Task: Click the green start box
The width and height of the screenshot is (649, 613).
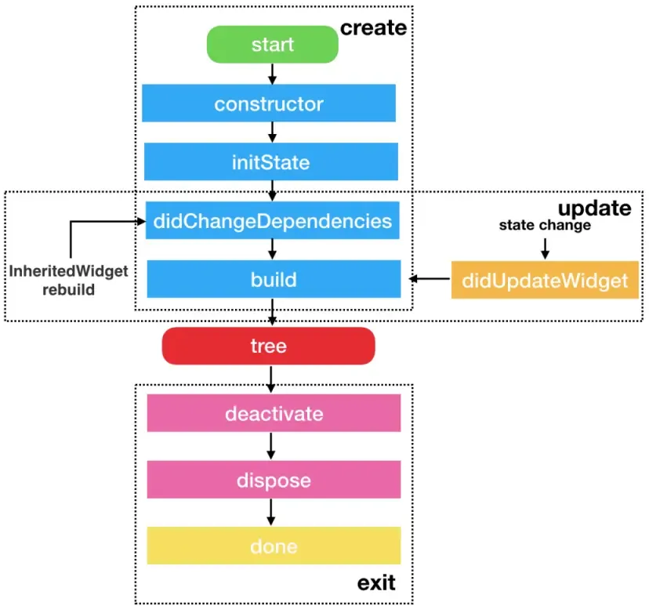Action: [x=272, y=45]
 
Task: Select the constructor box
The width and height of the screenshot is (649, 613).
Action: [x=269, y=103]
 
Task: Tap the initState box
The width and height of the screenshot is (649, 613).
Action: [x=270, y=163]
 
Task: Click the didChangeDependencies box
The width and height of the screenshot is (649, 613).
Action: [x=273, y=221]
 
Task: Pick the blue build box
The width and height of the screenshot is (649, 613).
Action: [x=274, y=280]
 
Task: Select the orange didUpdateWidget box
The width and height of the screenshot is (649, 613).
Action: [x=545, y=280]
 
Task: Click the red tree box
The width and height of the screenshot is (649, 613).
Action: [x=268, y=346]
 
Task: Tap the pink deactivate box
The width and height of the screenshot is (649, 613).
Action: [x=274, y=412]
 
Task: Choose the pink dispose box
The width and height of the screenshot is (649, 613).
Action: [x=274, y=480]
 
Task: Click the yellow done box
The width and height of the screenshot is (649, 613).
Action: [x=274, y=546]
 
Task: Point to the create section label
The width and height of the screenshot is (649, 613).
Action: [x=373, y=28]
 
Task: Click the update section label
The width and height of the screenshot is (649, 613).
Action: [x=594, y=209]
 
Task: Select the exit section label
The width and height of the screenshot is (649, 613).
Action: [x=376, y=583]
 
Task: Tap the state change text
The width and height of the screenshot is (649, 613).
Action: [x=545, y=226]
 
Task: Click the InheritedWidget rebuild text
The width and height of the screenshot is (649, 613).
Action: [x=69, y=280]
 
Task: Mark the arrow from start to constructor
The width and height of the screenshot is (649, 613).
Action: [x=273, y=74]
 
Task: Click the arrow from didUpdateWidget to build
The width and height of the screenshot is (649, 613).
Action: [x=430, y=279]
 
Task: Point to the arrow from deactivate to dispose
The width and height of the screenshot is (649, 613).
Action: [x=271, y=446]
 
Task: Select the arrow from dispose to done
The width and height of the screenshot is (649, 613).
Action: [x=271, y=513]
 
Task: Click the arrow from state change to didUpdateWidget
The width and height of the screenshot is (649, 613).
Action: [x=545, y=248]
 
